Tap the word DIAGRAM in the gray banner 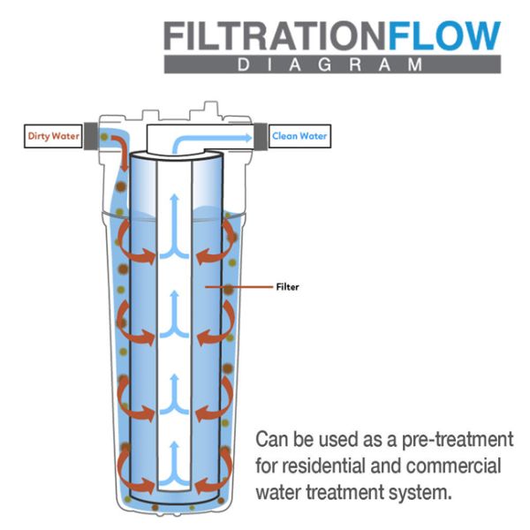(332, 64)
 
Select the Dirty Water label (53, 137)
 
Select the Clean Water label (299, 136)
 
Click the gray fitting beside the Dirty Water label (92, 137)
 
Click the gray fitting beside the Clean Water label (260, 136)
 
